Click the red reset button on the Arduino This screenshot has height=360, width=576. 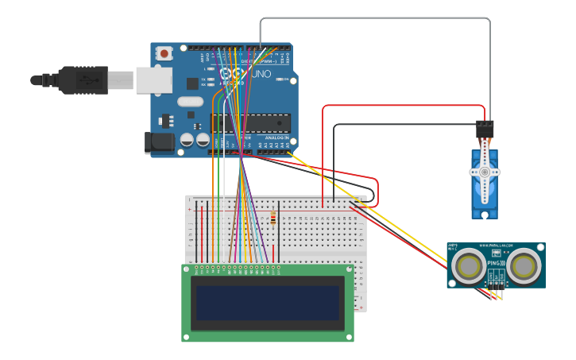pyautogui.click(x=164, y=54)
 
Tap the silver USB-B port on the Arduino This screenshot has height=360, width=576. pyautogui.click(x=153, y=79)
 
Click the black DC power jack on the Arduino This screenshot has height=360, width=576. pyautogui.click(x=159, y=142)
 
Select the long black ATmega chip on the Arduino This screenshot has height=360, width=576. pyautogui.click(x=250, y=123)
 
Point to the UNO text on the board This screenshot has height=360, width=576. pyautogui.click(x=261, y=74)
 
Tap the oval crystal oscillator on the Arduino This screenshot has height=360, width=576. pyautogui.click(x=191, y=101)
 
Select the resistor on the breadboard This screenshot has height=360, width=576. pyautogui.click(x=273, y=217)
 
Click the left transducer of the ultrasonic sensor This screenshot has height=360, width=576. pyautogui.click(x=469, y=266)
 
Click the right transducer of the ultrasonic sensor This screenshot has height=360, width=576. pyautogui.click(x=524, y=266)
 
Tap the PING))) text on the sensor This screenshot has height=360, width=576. pyautogui.click(x=496, y=261)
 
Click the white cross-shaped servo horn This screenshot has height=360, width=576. pyautogui.click(x=485, y=172)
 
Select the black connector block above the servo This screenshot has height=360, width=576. pyautogui.click(x=485, y=129)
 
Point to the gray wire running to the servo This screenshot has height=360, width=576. pyautogui.click(x=373, y=17)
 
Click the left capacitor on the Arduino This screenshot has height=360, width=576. pyautogui.click(x=187, y=140)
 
